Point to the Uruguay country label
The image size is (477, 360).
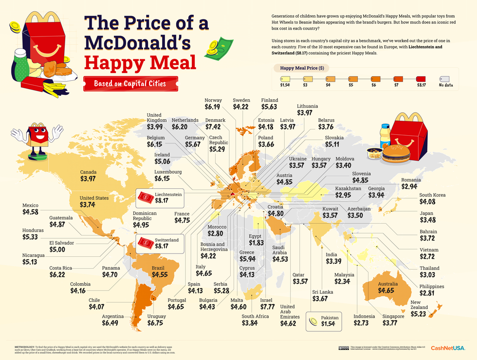156,316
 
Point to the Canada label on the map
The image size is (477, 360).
89,172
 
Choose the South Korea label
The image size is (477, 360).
433,195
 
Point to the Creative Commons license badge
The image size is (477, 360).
343,348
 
